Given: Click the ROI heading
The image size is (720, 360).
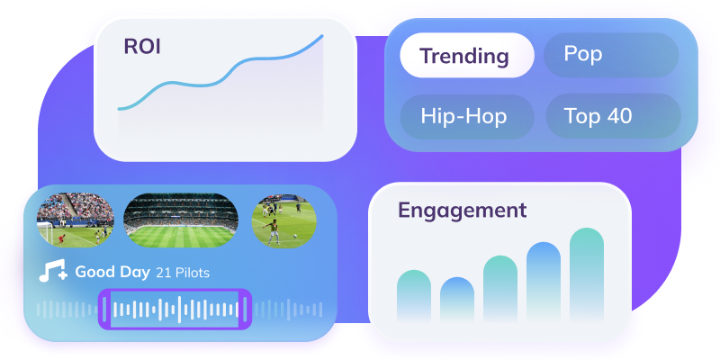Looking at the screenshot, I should pos(142,47).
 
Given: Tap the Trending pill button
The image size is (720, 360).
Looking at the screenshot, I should pos(465,56).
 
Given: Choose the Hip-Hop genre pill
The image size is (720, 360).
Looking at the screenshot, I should pos(464,116).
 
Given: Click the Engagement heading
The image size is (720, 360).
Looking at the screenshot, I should pos(462,211).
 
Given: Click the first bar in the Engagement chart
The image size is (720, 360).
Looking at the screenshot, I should pos(414,296).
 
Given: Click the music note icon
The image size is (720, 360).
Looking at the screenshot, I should pos(51,272).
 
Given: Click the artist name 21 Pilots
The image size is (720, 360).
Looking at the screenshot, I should pos(183,272).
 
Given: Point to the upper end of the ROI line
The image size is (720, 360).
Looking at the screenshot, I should pos(322,37).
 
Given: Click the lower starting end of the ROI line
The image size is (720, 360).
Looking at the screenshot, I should pos(119,109).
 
